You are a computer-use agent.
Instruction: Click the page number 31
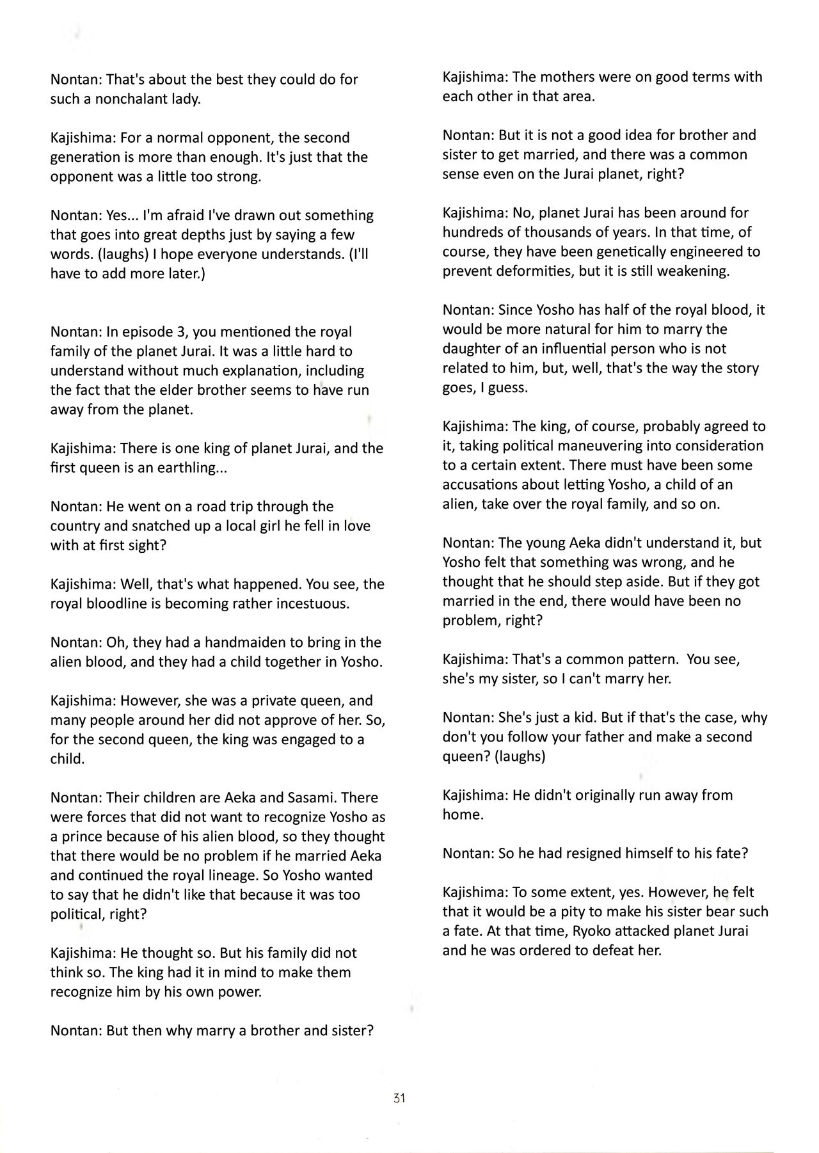pos(400,1099)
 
